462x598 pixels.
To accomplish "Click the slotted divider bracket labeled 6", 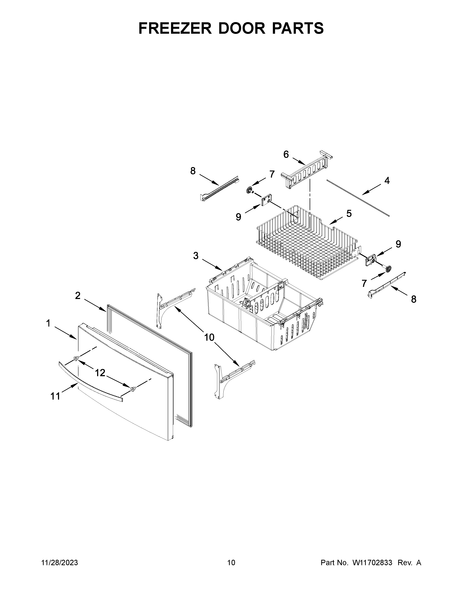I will [307, 170].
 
